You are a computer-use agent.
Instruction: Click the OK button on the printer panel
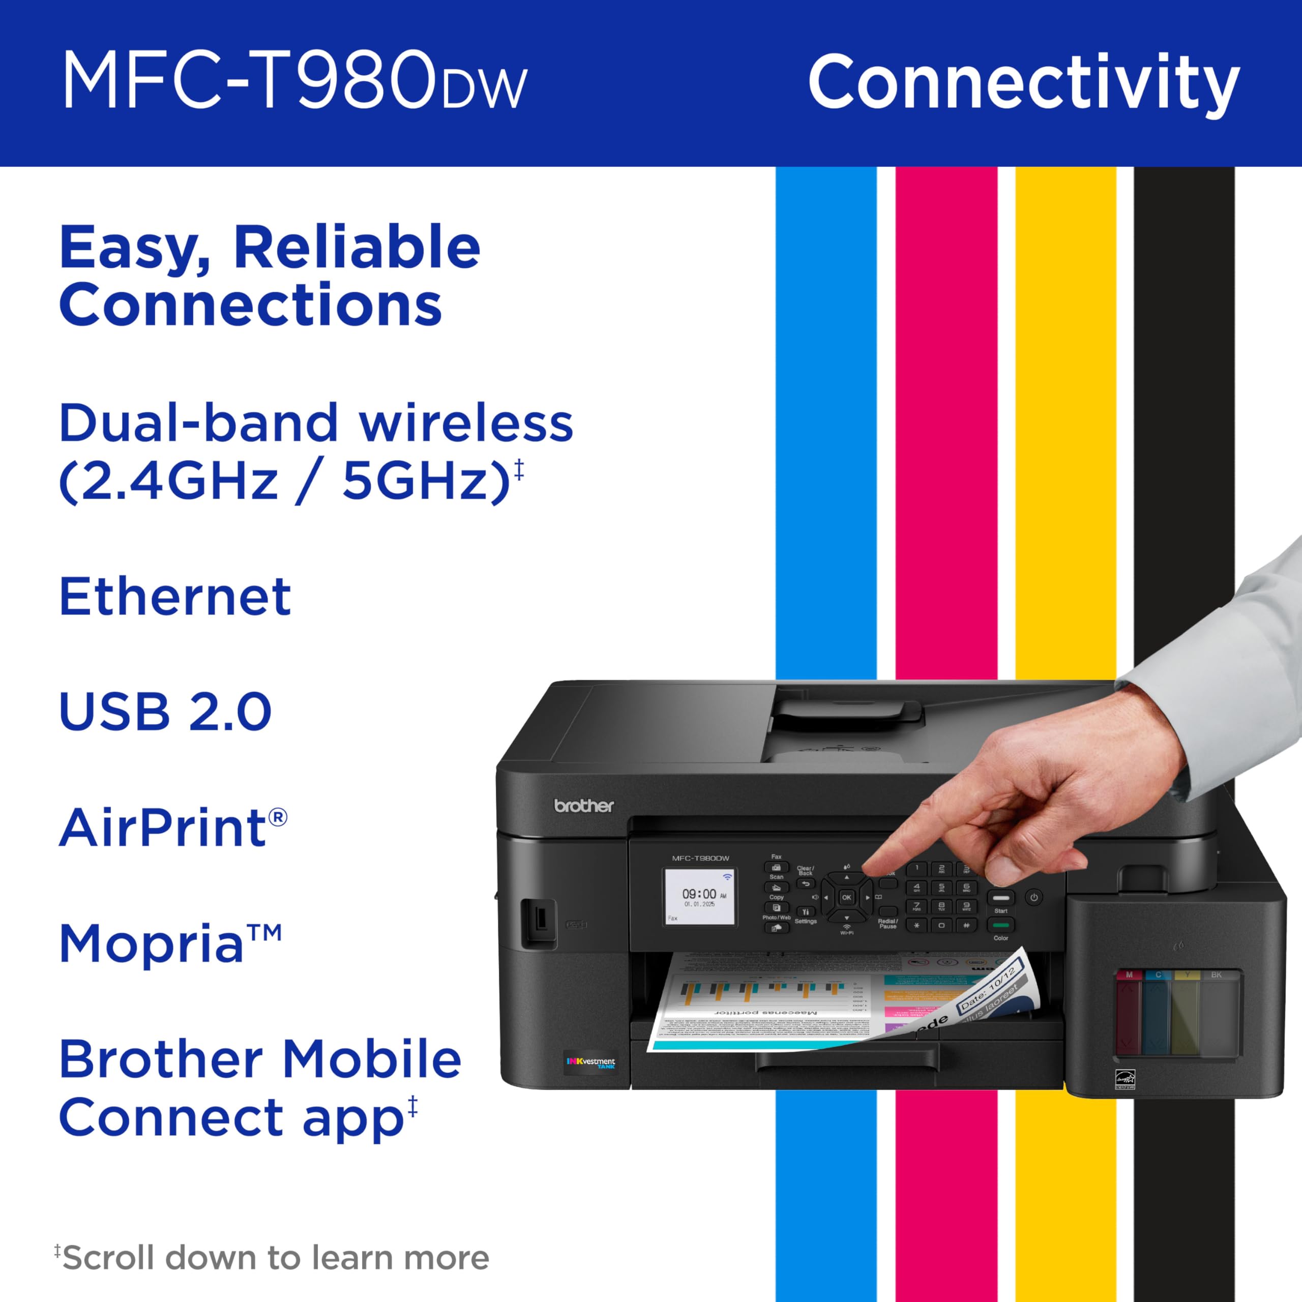tap(846, 897)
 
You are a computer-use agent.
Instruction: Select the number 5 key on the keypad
tap(941, 887)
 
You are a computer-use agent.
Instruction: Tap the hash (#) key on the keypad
tap(966, 925)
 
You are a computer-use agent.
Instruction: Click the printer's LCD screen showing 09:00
tap(699, 897)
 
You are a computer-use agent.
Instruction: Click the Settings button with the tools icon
tap(805, 912)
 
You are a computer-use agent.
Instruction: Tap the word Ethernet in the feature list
tap(175, 597)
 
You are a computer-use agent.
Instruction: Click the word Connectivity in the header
tap(1023, 82)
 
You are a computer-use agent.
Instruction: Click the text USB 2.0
tap(165, 712)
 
